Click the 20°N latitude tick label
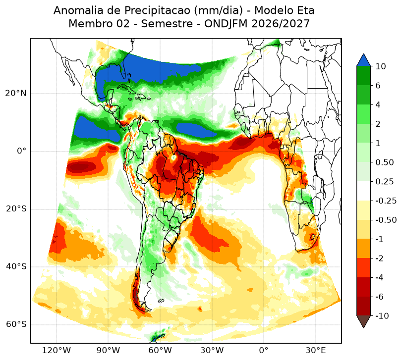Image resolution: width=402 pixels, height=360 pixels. pyautogui.click(x=16, y=94)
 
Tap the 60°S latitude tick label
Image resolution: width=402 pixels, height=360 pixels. pyautogui.click(x=16, y=324)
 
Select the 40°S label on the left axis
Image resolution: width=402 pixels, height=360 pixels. pyautogui.click(x=16, y=266)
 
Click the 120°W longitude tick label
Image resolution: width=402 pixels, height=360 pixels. pyautogui.click(x=56, y=350)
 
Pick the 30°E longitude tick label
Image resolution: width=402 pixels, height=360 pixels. pyautogui.click(x=315, y=350)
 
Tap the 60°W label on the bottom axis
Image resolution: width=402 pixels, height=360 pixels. pyautogui.click(x=160, y=350)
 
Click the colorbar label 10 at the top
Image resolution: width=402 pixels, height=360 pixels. pyautogui.click(x=381, y=66)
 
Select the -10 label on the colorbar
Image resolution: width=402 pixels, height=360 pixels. pyautogui.click(x=382, y=316)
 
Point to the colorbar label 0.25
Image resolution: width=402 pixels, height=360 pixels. pyautogui.click(x=384, y=182)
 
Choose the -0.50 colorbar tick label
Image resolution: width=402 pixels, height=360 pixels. pyautogui.click(x=386, y=220)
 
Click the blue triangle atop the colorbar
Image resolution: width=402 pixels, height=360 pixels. pyautogui.click(x=363, y=60)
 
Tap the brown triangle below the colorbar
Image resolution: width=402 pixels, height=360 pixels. pyautogui.click(x=363, y=321)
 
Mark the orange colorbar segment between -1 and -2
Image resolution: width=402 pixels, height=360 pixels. pyautogui.click(x=363, y=249)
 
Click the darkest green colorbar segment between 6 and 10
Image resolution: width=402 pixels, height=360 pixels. pyautogui.click(x=363, y=76)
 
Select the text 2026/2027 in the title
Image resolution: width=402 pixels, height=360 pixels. pyautogui.click(x=281, y=24)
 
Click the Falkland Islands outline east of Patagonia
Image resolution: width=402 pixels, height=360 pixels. pyautogui.click(x=161, y=301)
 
